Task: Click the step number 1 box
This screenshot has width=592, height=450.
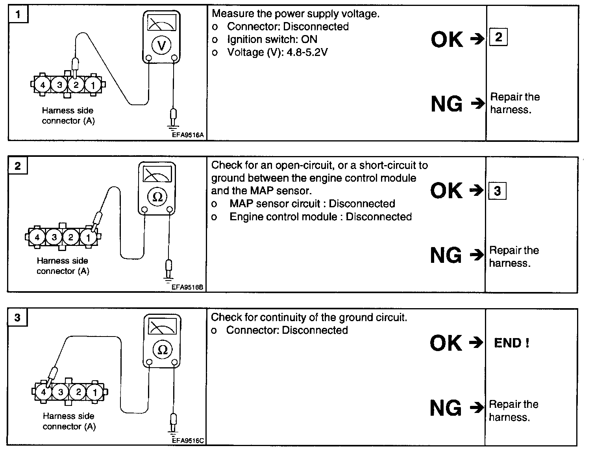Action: tap(18, 15)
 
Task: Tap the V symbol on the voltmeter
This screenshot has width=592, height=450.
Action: tap(161, 46)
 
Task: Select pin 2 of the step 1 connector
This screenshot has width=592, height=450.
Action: tap(76, 85)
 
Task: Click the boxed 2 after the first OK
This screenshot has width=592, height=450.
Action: tap(498, 37)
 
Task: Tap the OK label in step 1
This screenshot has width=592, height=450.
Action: tap(447, 39)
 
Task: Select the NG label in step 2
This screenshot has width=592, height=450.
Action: tap(446, 255)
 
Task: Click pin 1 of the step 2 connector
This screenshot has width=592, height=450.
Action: tap(88, 237)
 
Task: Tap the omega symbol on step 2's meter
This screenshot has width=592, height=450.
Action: tap(157, 197)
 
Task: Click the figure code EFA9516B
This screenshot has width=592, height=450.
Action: tap(187, 287)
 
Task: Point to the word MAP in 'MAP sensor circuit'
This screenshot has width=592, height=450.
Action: tap(241, 204)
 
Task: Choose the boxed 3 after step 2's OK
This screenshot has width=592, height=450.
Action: tap(497, 191)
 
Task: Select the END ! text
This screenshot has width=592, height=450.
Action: tap(511, 343)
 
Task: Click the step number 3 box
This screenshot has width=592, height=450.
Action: tap(17, 318)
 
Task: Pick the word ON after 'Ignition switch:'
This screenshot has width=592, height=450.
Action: tap(309, 39)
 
